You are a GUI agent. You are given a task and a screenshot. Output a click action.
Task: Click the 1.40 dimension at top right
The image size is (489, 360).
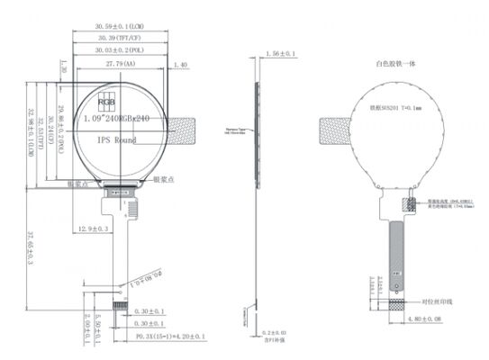(x=178, y=66)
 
